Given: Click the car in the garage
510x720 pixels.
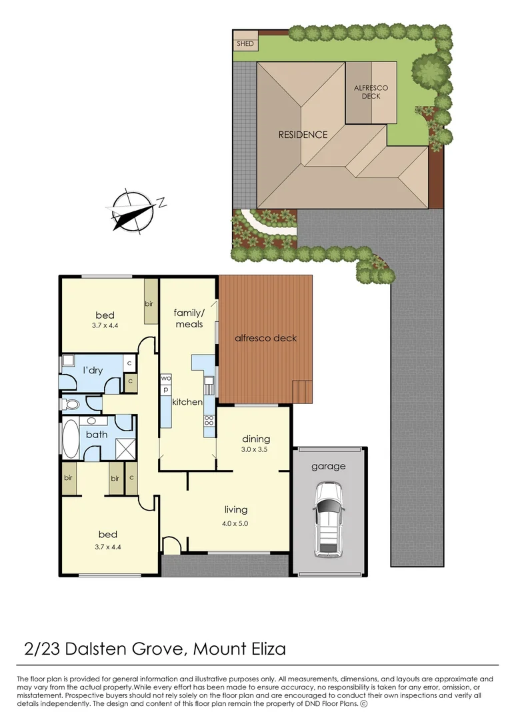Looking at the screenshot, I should tap(328, 520).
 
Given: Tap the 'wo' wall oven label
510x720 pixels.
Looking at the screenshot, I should tap(165, 378).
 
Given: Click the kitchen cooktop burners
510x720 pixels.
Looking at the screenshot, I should tap(209, 421).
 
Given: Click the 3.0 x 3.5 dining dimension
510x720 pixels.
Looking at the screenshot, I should tap(256, 450).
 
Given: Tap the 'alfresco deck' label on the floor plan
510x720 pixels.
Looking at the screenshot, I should tap(265, 338).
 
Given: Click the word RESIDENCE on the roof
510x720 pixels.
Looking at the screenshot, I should tap(303, 135).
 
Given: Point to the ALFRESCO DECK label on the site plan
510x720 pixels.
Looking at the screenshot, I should tap(371, 92).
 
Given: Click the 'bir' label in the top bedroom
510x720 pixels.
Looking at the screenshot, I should tap(149, 304).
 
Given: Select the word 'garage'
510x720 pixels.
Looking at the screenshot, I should tap(328, 467).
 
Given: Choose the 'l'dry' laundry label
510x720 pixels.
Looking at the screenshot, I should tap(93, 370).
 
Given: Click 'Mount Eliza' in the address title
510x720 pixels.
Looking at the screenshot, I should tap(241, 649).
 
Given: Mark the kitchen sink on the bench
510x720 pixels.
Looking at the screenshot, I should tap(208, 383).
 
